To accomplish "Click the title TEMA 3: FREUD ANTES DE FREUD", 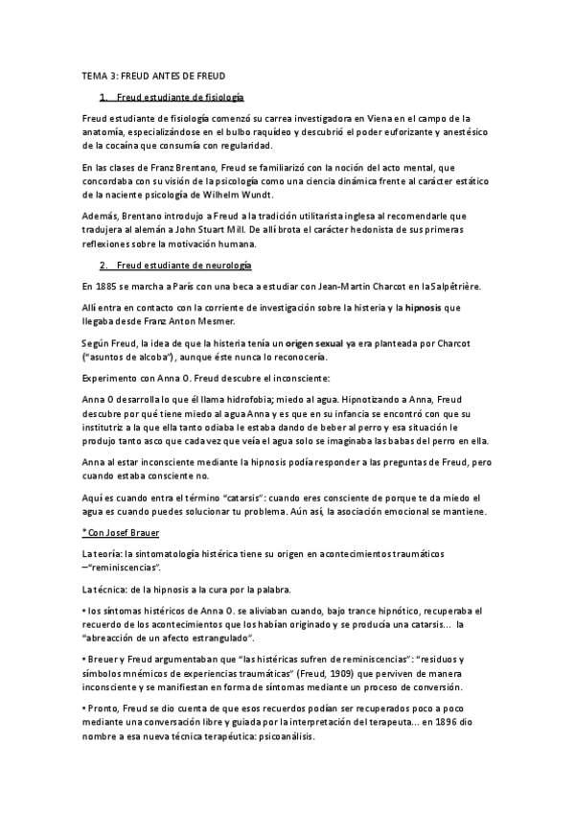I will pyautogui.click(x=154, y=75).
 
